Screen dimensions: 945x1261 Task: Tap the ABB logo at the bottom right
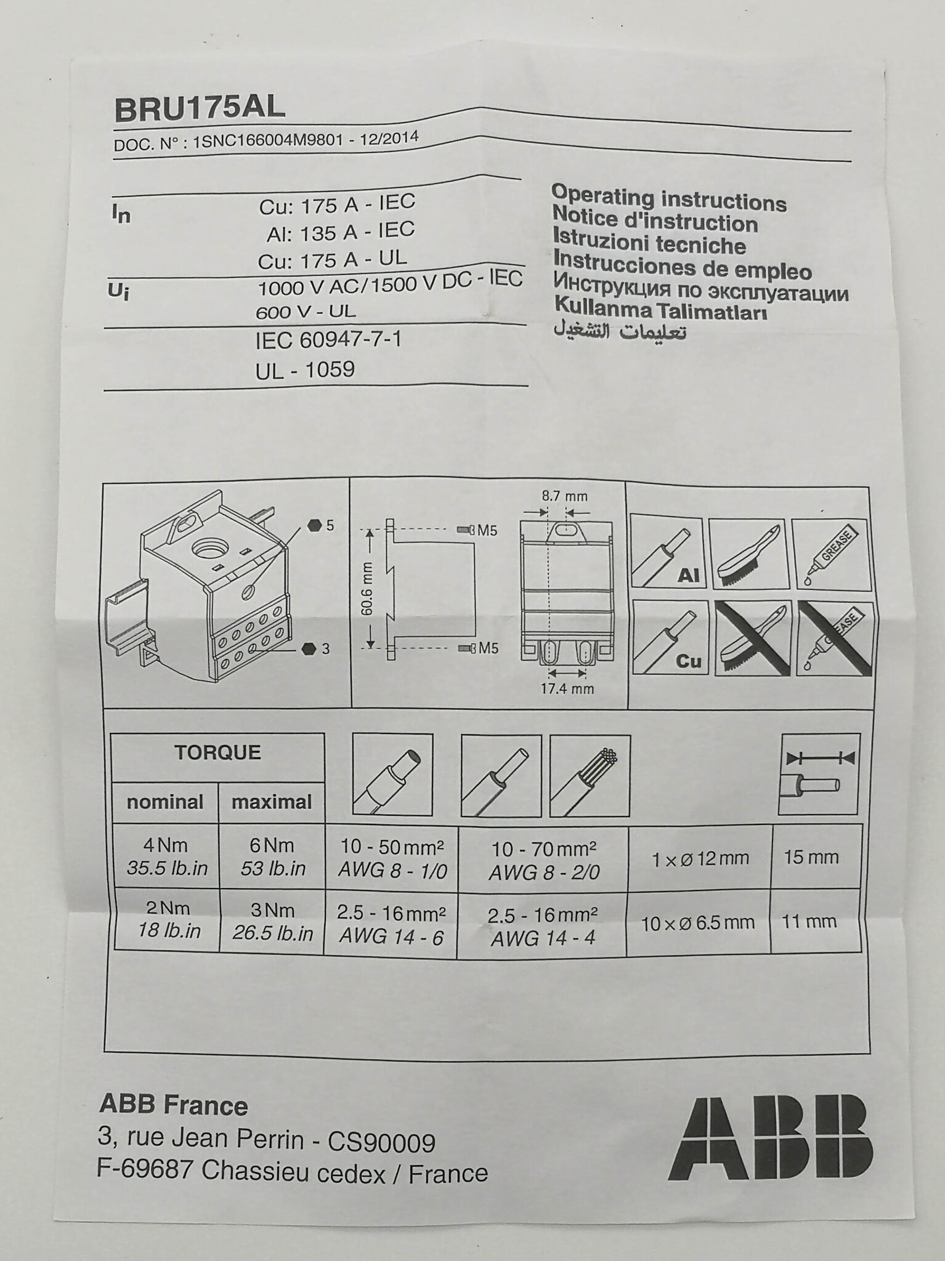coord(771,1139)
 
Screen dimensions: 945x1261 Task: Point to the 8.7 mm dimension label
coord(564,496)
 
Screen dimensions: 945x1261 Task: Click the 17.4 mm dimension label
coord(567,688)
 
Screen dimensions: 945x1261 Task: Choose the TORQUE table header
coord(217,752)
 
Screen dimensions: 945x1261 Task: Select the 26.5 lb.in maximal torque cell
coord(272,922)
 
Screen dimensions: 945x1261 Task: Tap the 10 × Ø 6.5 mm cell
coord(697,922)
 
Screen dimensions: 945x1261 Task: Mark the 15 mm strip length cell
coord(811,857)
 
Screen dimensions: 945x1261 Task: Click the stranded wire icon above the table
coord(590,775)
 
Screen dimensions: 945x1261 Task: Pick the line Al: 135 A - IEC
coord(340,232)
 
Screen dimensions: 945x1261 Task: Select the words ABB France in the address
coord(173,1106)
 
